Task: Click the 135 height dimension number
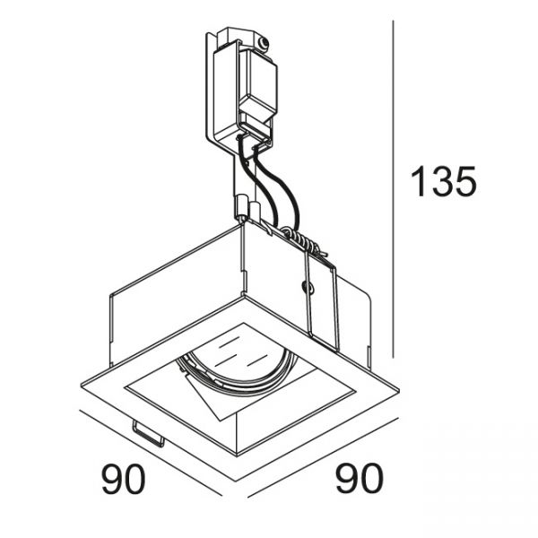pyautogui.click(x=443, y=181)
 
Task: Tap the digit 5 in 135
pyautogui.click(x=464, y=181)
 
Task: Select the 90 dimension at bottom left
pyautogui.click(x=123, y=479)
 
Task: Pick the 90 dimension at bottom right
pyautogui.click(x=360, y=479)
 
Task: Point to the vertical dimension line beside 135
pyautogui.click(x=394, y=188)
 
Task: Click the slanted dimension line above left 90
pyautogui.click(x=151, y=453)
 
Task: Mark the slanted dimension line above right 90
pyautogui.click(x=323, y=457)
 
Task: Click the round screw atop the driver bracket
pyautogui.click(x=263, y=42)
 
